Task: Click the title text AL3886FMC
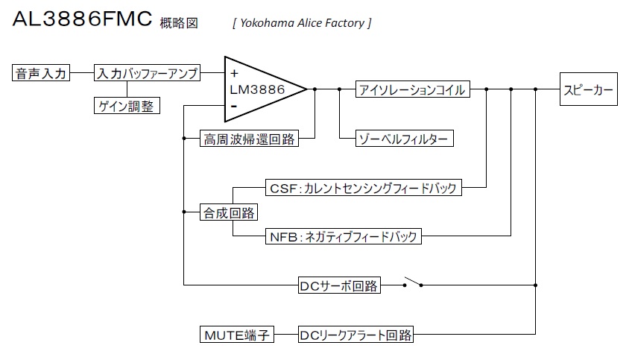coord(82,19)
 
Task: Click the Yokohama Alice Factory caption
coord(302,23)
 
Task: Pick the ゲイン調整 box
coord(126,106)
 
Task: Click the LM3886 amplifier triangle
coord(261,89)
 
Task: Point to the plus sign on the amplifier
coord(235,74)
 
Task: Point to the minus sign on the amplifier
coord(234,106)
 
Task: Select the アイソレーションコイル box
coord(411,89)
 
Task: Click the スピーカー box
coord(589,89)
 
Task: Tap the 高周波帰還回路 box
coord(249,139)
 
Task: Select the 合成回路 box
coord(229,212)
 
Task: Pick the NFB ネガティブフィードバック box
coord(343,237)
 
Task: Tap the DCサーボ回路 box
coord(338,285)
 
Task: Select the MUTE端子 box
coord(237,335)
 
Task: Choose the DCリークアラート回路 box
coord(355,335)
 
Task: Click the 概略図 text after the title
coord(179,23)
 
